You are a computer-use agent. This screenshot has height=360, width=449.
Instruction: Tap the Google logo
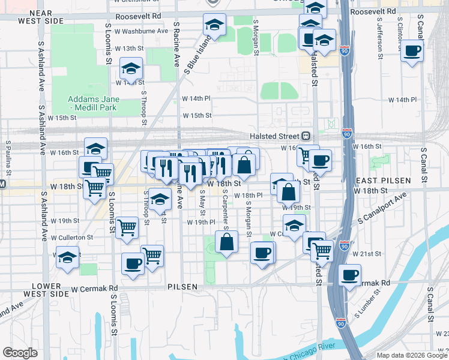(x=20, y=353)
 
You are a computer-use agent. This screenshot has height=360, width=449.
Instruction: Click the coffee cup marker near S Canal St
(x=412, y=52)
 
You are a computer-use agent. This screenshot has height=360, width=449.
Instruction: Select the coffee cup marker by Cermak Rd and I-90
(x=349, y=275)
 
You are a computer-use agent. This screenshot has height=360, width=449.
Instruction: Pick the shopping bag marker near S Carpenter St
(x=227, y=243)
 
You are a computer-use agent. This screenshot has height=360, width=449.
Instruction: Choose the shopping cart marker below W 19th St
(x=127, y=228)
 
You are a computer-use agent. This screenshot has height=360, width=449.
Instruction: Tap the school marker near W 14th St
(x=131, y=69)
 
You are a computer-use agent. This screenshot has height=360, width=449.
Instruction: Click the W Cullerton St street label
(x=72, y=237)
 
